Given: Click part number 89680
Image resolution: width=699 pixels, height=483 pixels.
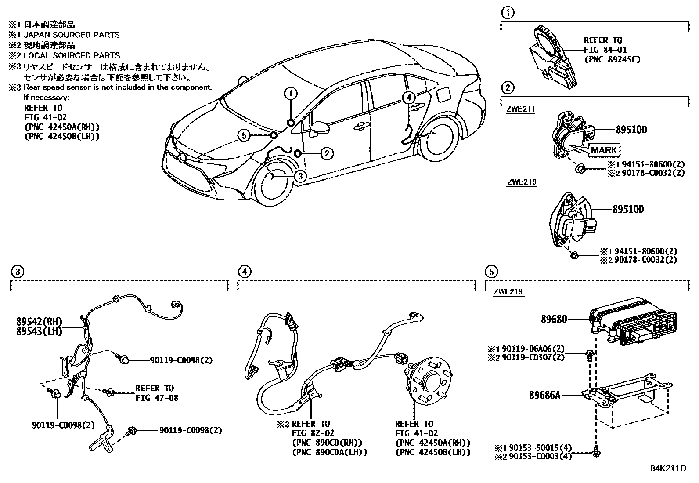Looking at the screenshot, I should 554,320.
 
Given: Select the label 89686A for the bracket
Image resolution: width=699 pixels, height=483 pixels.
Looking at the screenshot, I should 545,395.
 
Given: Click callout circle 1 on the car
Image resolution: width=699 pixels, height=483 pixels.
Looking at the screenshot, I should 291,93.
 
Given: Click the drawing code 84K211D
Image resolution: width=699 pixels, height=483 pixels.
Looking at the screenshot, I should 668,468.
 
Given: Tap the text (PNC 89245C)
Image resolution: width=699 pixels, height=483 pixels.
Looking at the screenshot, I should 612,59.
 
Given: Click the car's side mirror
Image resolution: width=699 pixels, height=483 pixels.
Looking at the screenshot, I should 320,128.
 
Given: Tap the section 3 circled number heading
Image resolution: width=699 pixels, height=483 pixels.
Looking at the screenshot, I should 16,272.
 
